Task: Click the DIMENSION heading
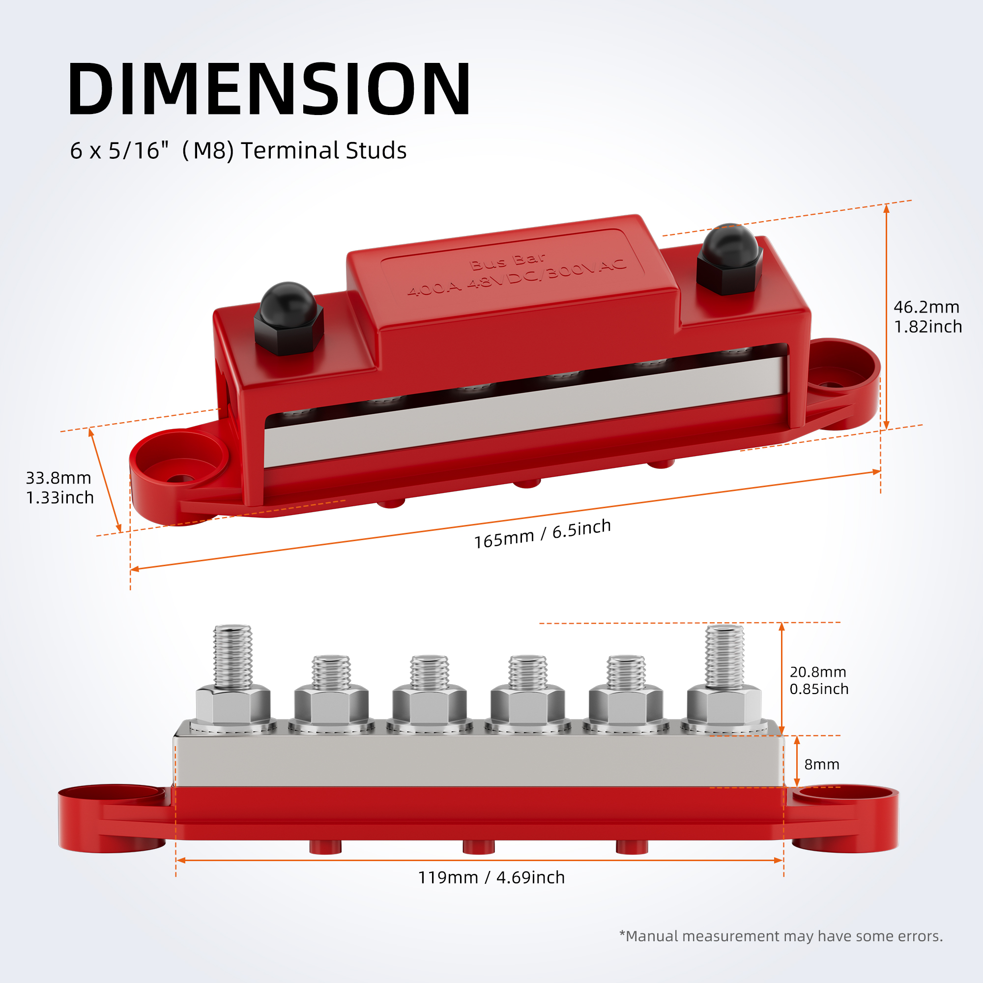click(x=269, y=89)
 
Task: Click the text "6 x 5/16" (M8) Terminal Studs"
click(x=238, y=150)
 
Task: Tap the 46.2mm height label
click(x=927, y=317)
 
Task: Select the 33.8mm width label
click(x=59, y=488)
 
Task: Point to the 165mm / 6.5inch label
click(x=543, y=534)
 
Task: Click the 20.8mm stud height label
click(x=819, y=680)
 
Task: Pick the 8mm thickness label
click(x=822, y=764)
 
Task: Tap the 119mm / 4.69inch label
click(x=491, y=877)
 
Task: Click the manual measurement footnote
click(x=781, y=936)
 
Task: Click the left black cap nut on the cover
click(x=289, y=318)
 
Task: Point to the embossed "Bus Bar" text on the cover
click(x=507, y=261)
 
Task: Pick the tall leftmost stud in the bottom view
click(x=232, y=656)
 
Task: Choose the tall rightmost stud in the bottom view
click(x=724, y=656)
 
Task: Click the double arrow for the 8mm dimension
click(x=797, y=761)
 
